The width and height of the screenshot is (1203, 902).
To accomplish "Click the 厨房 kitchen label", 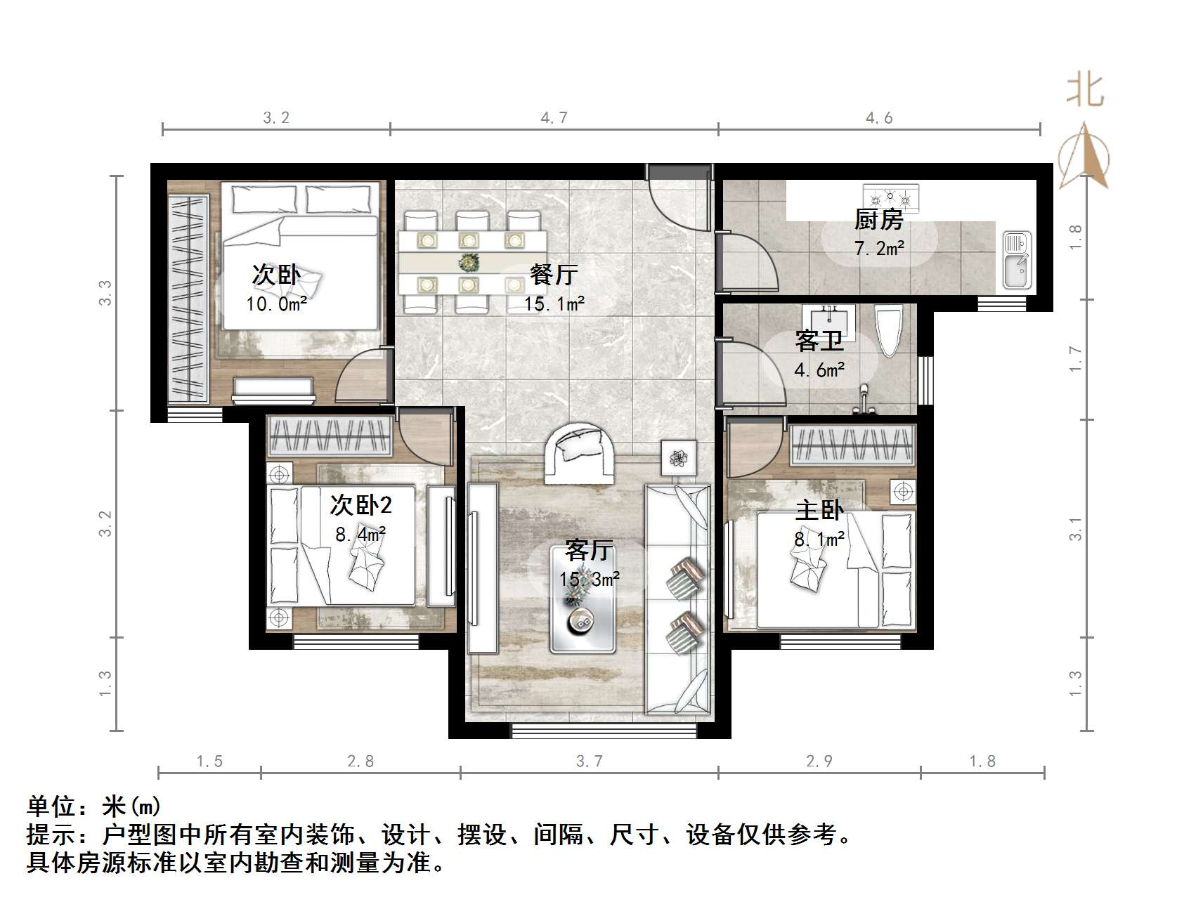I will tap(878, 220).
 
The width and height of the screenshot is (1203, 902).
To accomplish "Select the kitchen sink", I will tap(1016, 260).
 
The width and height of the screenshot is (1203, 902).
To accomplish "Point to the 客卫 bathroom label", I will tap(819, 341).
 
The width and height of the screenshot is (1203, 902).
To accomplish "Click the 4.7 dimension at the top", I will tap(554, 118).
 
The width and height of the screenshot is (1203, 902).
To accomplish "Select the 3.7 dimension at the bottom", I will tap(589, 761).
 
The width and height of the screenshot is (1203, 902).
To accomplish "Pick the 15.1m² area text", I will tap(554, 303).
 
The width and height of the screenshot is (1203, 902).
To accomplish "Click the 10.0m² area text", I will tap(276, 303).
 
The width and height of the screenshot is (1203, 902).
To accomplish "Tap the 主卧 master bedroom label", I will tap(819, 510).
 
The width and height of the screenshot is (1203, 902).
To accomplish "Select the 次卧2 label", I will tap(361, 504).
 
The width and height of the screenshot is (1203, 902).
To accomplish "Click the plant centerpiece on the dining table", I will tap(468, 263).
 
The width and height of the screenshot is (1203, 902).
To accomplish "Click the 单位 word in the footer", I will tap(52, 806).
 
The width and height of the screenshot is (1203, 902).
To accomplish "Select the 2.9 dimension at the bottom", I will tap(819, 761).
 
